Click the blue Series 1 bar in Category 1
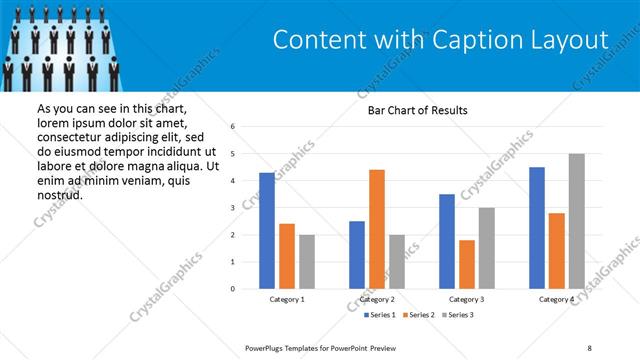267,231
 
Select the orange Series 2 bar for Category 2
376,229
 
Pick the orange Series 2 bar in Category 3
466,264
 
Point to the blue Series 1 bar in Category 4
537,228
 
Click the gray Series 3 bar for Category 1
306,262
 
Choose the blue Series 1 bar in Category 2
357,255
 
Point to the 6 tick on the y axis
232,127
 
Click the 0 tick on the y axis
232,289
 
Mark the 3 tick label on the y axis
232,208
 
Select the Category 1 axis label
287,299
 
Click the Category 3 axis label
467,299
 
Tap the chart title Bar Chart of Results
411,110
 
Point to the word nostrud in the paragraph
59,194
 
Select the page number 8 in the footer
589,347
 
